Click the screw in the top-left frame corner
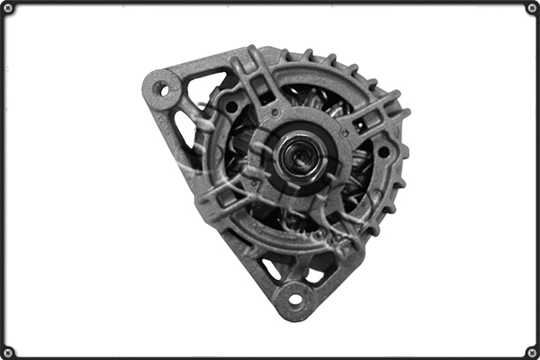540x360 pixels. tap(9, 9)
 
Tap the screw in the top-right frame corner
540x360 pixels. tap(531, 9)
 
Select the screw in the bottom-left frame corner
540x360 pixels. tap(9, 351)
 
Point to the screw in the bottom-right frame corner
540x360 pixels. tap(531, 351)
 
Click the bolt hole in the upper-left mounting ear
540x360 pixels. tap(163, 88)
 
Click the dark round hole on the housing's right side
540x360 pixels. tap(383, 152)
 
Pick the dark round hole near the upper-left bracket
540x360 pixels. tap(231, 107)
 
